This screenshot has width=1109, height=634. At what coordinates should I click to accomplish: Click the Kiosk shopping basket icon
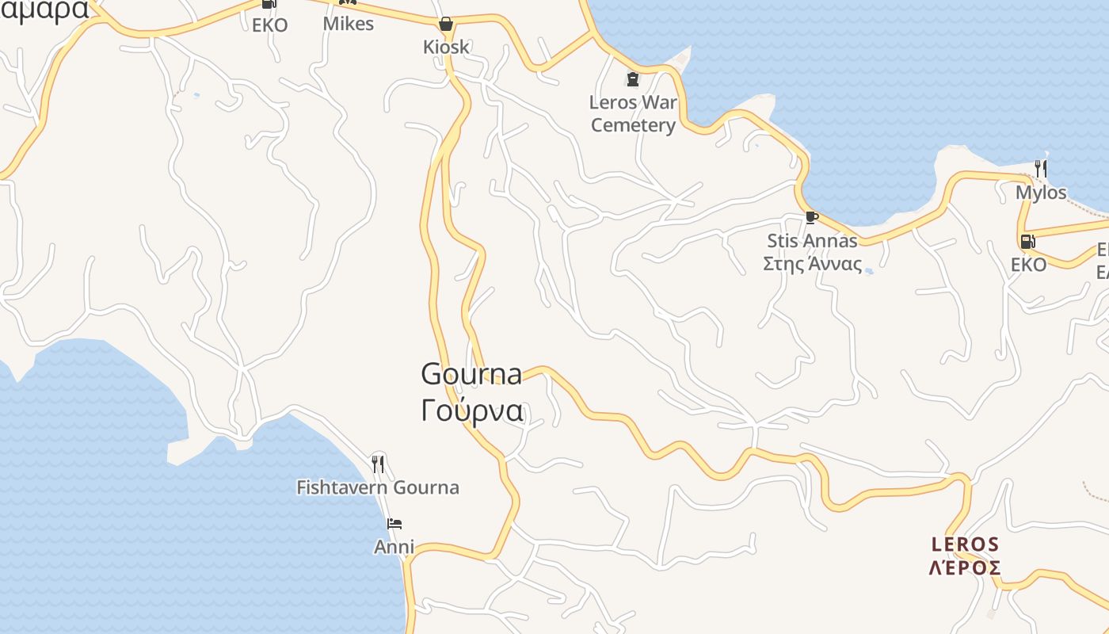[446, 24]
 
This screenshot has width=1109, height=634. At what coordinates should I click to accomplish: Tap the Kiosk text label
[446, 47]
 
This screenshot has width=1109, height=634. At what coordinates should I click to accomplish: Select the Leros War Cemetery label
[633, 113]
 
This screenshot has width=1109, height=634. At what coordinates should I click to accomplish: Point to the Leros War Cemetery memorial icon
[632, 79]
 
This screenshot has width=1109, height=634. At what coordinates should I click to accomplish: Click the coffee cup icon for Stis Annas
[811, 217]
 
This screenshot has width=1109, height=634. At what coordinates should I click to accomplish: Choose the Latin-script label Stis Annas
[812, 240]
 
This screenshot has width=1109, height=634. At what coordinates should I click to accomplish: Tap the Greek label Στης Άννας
[812, 264]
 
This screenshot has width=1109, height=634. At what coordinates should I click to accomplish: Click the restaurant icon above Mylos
[1041, 168]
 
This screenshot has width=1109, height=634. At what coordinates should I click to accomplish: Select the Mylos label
[1041, 193]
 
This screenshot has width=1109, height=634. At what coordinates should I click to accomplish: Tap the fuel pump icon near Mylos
[1027, 242]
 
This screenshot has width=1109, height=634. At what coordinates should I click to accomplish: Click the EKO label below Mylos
[1028, 265]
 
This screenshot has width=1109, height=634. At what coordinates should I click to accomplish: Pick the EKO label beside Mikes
[269, 25]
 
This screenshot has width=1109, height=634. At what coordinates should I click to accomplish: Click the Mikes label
[348, 24]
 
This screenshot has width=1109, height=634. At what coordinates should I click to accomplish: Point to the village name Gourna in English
[471, 373]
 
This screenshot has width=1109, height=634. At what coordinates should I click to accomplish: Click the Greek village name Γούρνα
[471, 411]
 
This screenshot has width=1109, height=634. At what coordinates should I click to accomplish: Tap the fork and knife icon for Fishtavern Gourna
[378, 464]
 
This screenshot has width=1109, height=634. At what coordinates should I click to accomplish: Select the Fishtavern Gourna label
[378, 487]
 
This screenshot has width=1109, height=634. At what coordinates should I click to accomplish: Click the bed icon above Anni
[394, 524]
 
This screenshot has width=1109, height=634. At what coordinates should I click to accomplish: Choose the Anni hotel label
[394, 547]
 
